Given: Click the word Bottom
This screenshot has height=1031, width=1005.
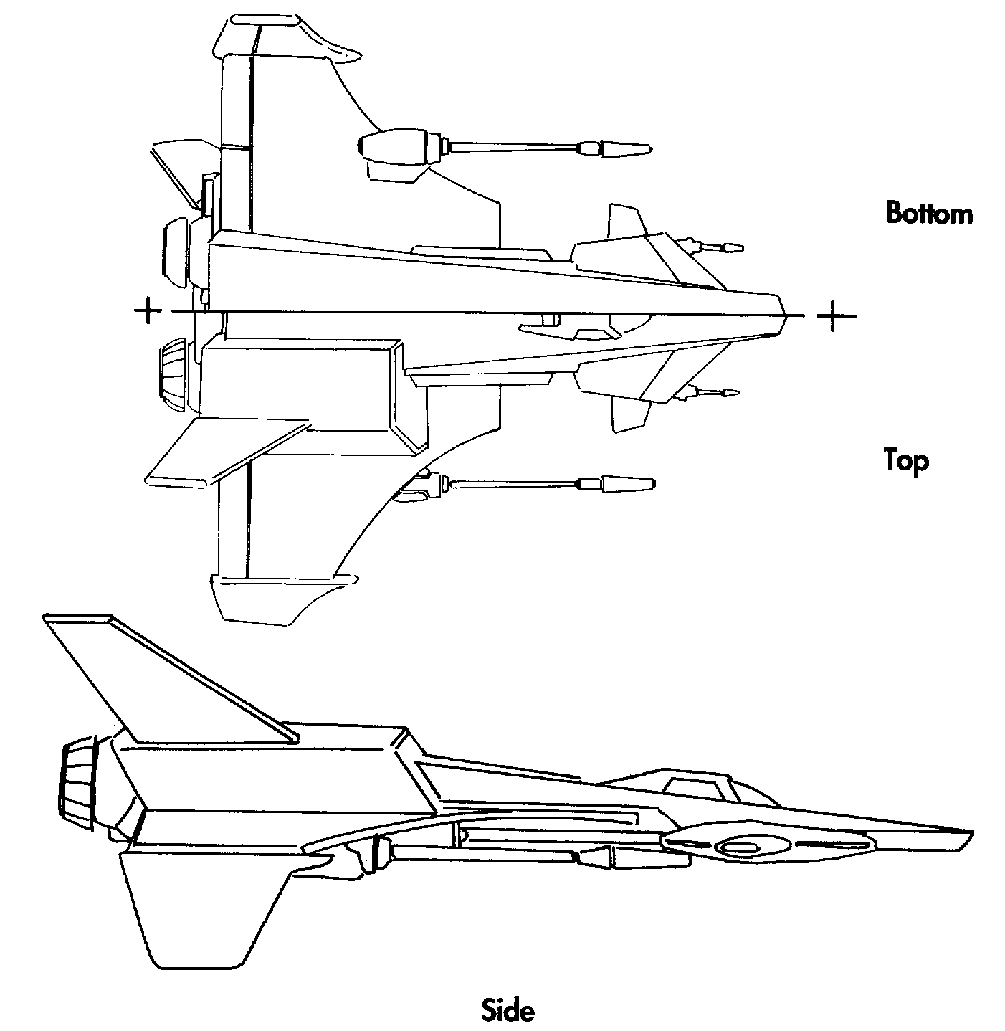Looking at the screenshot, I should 929,213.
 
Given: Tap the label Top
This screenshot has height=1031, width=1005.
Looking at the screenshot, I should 906,460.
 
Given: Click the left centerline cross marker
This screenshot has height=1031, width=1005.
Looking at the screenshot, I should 147,310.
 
